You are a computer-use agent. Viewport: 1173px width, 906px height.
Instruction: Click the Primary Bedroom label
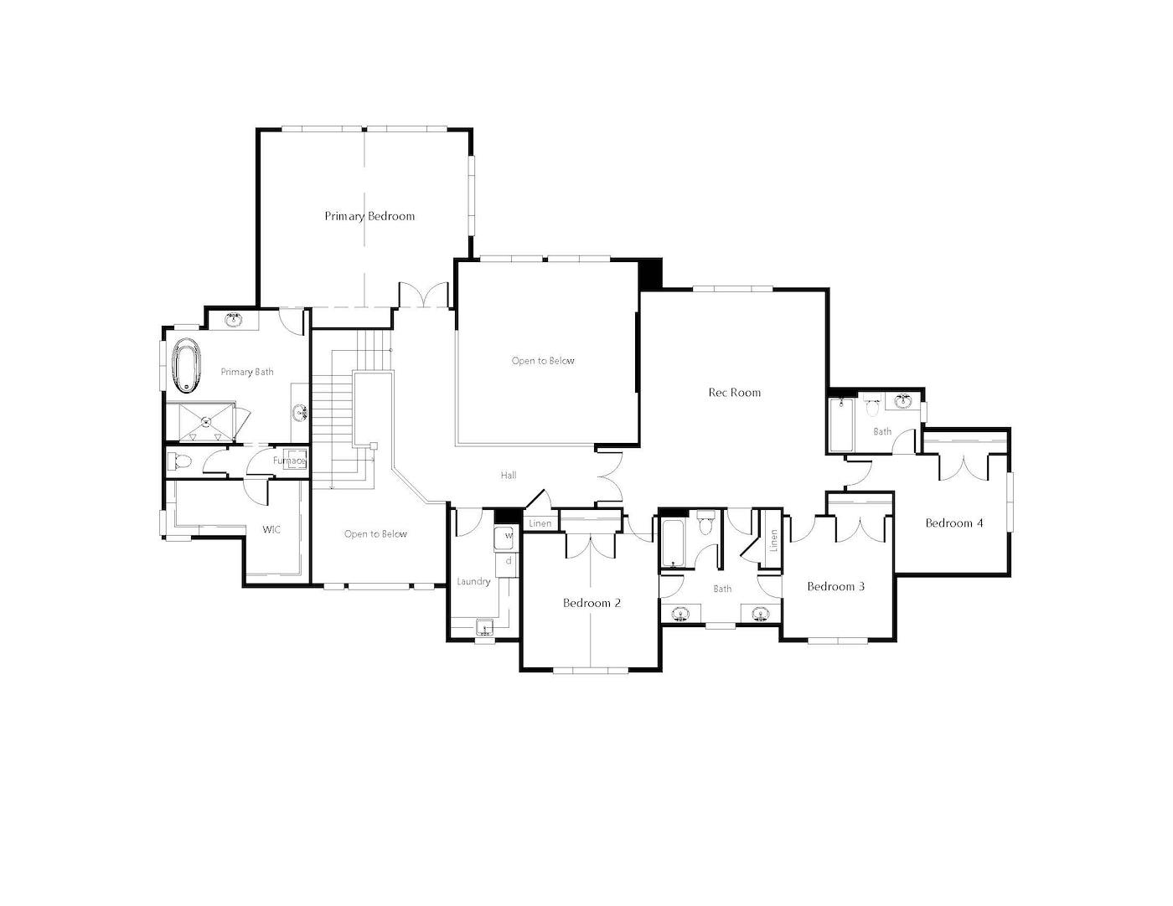coord(369,216)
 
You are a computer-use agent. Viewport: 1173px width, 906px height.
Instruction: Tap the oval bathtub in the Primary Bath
coord(186,365)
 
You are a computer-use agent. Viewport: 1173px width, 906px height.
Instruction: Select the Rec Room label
coord(734,393)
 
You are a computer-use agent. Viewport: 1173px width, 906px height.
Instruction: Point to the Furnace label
coord(289,461)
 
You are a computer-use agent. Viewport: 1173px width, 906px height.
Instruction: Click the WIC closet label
coord(271,529)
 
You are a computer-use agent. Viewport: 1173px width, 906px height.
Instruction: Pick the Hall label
coord(508,475)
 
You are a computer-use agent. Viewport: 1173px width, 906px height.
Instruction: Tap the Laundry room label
coord(473,581)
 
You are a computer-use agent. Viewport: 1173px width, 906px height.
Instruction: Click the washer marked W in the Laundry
coord(504,537)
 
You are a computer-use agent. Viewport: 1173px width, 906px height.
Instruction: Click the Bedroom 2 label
coord(592,603)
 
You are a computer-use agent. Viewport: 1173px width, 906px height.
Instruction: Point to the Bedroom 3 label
coord(835,586)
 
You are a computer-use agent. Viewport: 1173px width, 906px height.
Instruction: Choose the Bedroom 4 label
coord(953,522)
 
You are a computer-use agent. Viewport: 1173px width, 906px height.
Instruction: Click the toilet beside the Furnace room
coord(180,461)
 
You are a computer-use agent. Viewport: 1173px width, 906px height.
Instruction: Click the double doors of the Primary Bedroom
coord(424,295)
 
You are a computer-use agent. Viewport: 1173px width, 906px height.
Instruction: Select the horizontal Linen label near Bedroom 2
coord(540,523)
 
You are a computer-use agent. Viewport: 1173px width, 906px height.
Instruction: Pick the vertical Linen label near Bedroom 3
coord(773,540)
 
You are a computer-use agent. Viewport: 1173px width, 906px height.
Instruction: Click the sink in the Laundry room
coord(484,627)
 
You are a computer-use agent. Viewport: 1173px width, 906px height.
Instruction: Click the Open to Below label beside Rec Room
coord(542,361)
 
